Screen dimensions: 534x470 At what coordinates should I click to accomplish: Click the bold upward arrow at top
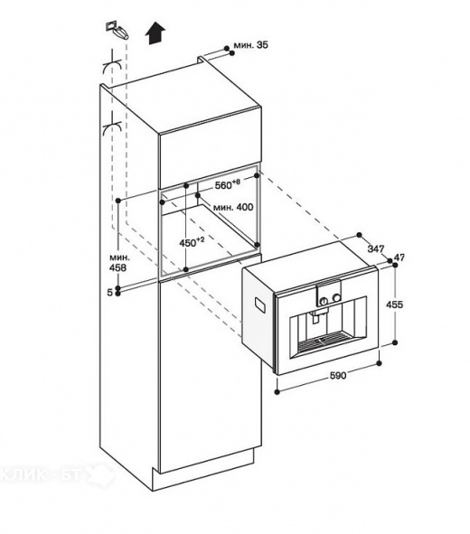[155, 32]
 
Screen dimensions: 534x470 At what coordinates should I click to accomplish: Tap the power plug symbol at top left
[114, 28]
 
